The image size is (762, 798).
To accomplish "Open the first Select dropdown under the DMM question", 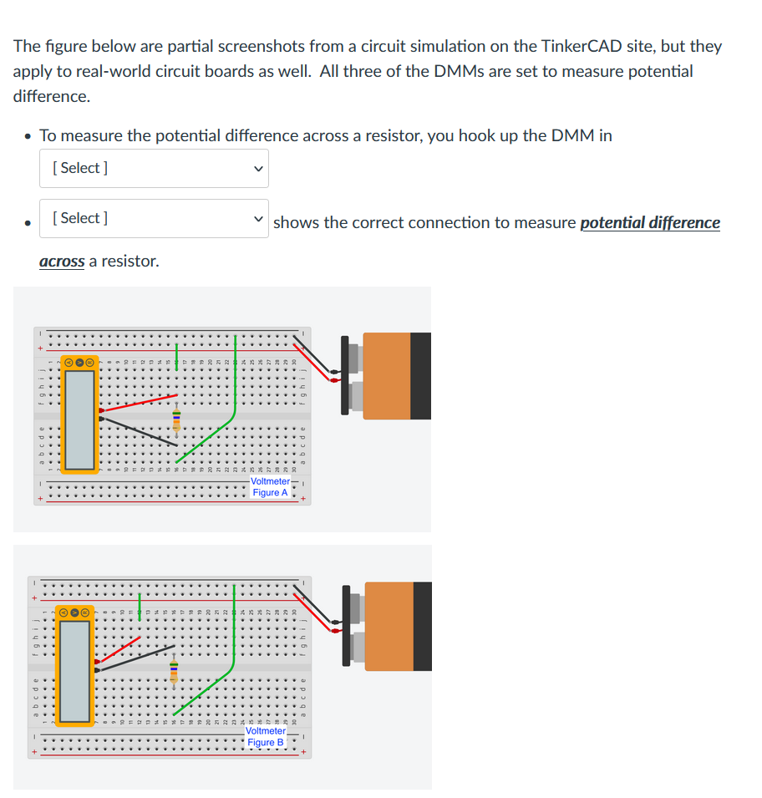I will point(154,168).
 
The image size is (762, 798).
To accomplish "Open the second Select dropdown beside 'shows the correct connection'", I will point(154,218).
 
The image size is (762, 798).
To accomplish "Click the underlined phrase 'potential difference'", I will point(649,222).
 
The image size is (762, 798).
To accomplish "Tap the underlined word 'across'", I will point(62,261).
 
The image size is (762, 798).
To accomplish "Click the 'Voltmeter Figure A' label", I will point(270,487).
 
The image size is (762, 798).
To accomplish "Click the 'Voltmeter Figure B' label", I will point(266,736).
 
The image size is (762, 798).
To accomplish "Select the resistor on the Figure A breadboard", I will point(176,419).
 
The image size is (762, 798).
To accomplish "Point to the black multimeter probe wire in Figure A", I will point(134,427).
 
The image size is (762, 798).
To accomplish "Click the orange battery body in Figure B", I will point(389,626).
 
